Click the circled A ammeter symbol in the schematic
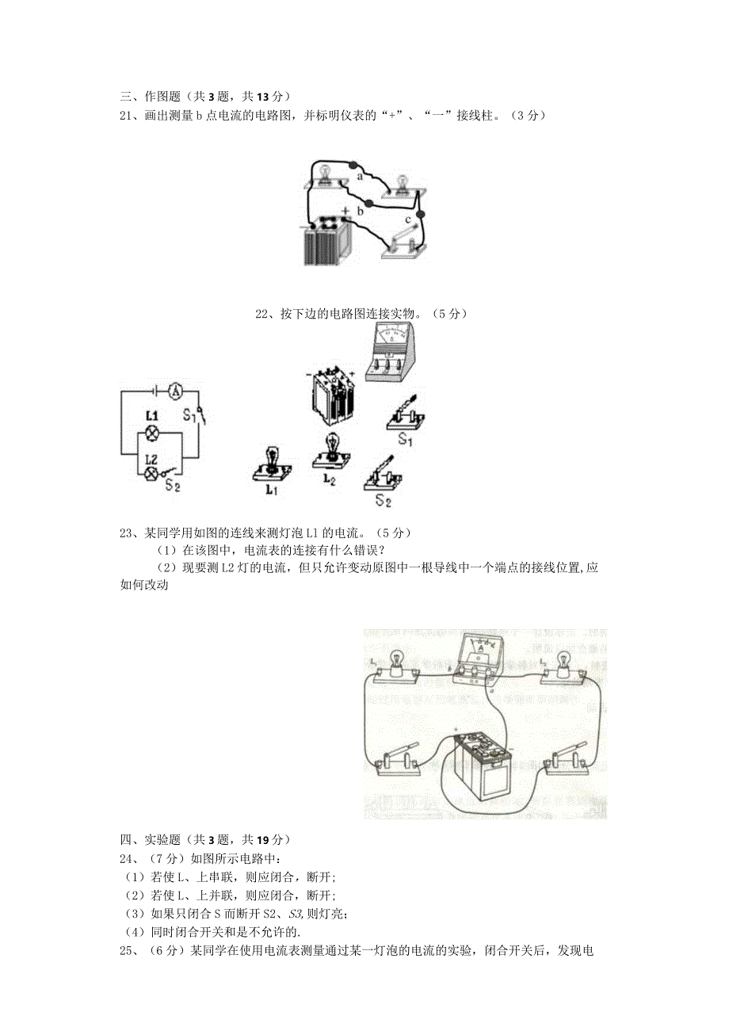click(x=177, y=390)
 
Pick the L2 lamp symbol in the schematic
click(x=152, y=473)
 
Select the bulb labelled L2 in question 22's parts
click(x=332, y=452)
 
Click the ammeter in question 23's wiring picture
click(x=480, y=660)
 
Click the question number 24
click(x=127, y=858)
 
